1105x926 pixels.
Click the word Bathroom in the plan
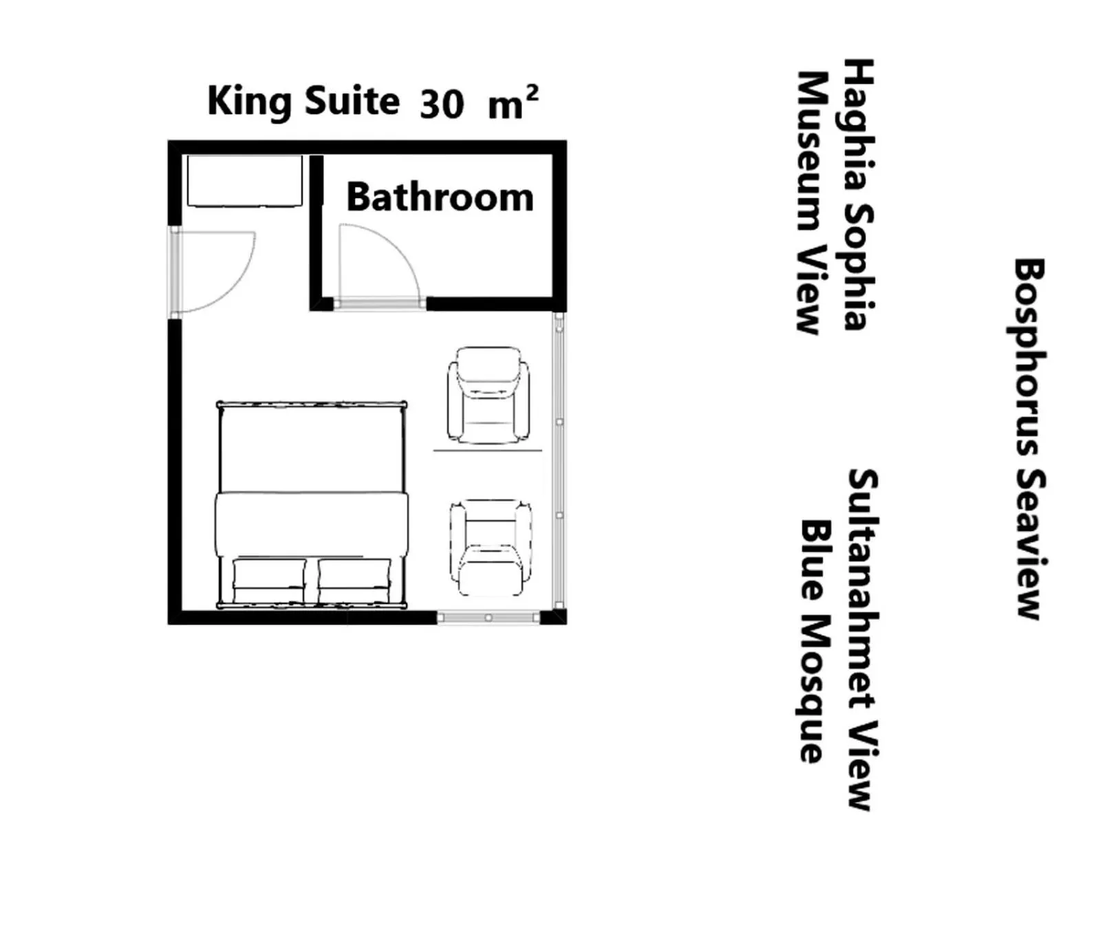440,197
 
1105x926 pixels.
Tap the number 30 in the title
442,105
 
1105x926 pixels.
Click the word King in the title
249,102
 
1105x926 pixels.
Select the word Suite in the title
352,101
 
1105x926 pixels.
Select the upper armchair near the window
489,395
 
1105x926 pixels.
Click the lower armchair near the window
490,548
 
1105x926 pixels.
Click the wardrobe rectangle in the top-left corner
244,181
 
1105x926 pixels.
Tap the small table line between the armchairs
487,451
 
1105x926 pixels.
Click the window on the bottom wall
488,618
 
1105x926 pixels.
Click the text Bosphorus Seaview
1029,439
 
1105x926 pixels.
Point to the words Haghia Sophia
859,195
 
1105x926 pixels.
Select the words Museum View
812,203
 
